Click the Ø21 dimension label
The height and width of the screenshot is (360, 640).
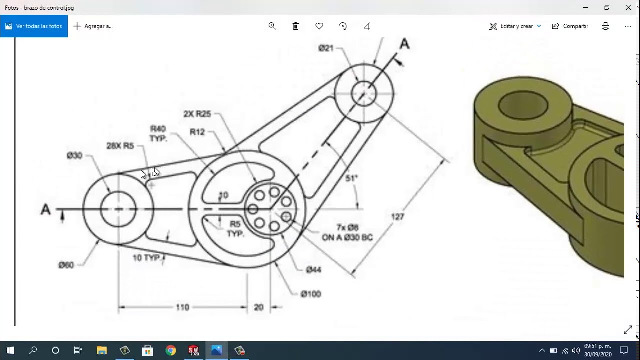(x=326, y=48)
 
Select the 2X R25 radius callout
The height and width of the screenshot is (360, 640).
(x=197, y=114)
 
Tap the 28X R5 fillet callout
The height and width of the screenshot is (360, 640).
(x=120, y=146)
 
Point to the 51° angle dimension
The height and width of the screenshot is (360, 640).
(x=351, y=178)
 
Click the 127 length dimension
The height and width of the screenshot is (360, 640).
(x=397, y=217)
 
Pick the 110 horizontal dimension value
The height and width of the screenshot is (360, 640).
(x=182, y=307)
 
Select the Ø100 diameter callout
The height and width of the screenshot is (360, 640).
(x=310, y=294)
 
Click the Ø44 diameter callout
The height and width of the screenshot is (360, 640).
(x=313, y=270)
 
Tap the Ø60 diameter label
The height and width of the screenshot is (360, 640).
(x=66, y=265)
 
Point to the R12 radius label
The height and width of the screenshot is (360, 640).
(x=197, y=132)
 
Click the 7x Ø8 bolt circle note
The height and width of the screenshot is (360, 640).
(x=347, y=233)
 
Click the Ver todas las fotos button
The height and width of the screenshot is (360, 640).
(x=34, y=26)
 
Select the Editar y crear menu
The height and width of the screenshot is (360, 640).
(x=515, y=26)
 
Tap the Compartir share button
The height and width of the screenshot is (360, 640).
(x=570, y=26)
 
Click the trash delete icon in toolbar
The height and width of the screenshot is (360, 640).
(x=296, y=26)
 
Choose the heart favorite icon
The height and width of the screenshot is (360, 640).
(x=319, y=26)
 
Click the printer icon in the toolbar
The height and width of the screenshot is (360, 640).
(x=605, y=26)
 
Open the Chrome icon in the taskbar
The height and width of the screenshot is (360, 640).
(x=171, y=350)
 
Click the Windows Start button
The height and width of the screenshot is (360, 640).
(x=10, y=350)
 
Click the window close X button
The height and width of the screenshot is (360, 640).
(x=628, y=7)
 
